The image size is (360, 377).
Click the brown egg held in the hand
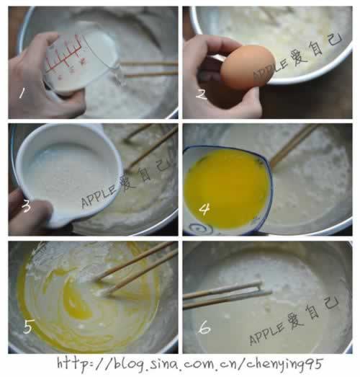point(248,66)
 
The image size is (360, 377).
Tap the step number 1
point(22,93)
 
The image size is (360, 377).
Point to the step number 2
point(202,94)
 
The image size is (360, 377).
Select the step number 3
point(26,206)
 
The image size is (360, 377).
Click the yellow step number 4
point(204,209)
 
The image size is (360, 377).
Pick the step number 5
point(27,327)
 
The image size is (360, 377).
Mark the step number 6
point(204,327)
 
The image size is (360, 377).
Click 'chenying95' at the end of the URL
point(284,365)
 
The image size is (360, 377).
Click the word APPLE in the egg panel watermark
point(271,69)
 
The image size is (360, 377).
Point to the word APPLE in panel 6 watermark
point(266,333)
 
